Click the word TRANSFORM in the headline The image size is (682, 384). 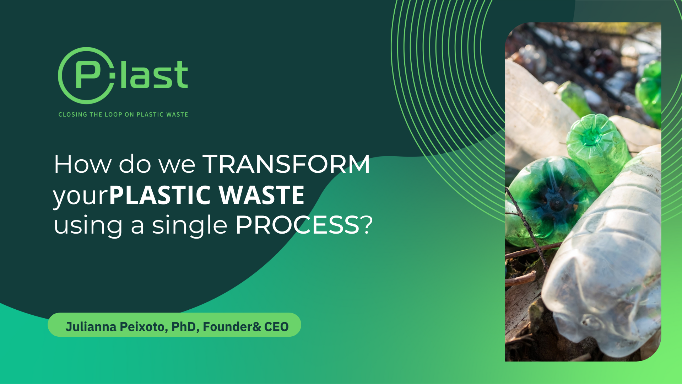(286, 164)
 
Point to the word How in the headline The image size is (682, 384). (82, 164)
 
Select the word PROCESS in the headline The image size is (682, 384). (297, 225)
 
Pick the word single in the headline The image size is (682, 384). (190, 225)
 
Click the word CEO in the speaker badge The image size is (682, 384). (276, 326)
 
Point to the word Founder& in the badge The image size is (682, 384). (232, 326)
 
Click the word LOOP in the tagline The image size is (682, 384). (113, 114)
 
